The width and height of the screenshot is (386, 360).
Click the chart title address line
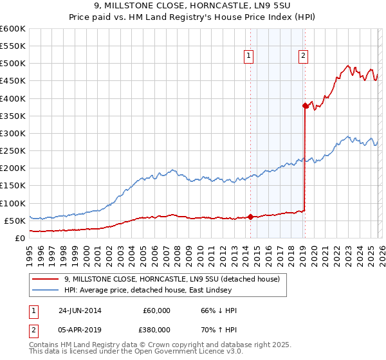click(192, 6)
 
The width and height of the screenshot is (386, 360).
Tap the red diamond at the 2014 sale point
click(250, 217)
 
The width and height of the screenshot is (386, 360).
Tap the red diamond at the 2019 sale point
click(305, 105)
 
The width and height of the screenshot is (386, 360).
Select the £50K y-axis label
click(14, 221)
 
